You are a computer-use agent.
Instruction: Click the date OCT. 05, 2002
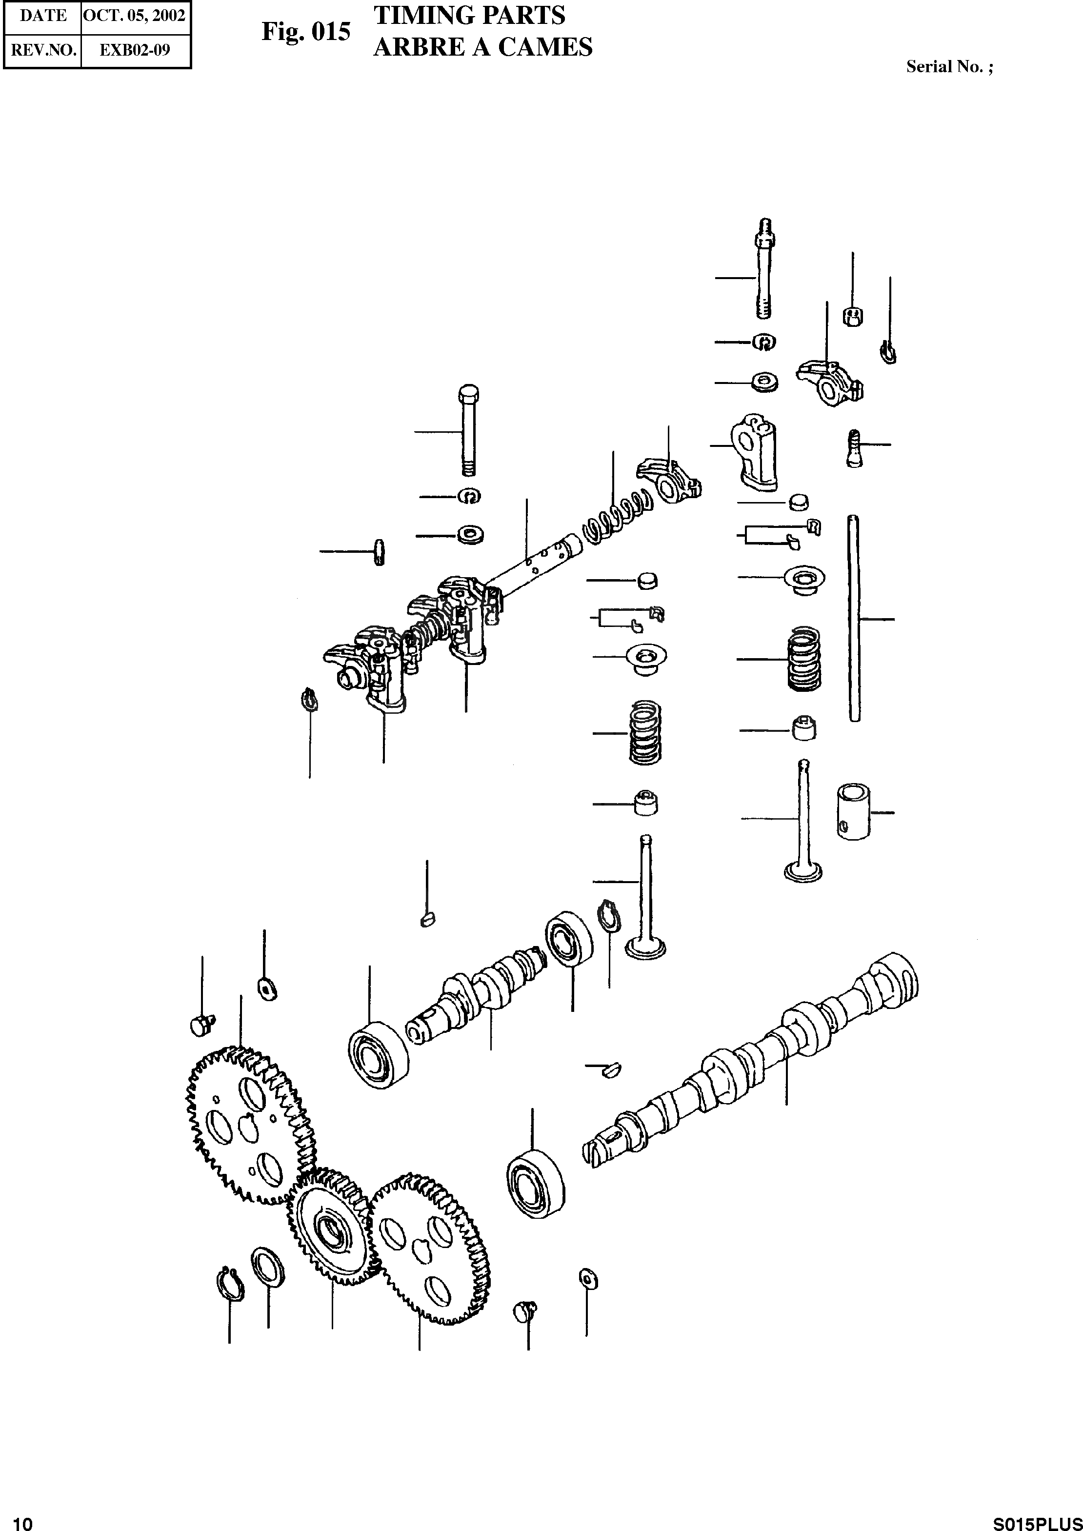point(134,15)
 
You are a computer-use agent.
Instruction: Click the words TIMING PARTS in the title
point(469,15)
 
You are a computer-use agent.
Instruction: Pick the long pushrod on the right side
point(854,618)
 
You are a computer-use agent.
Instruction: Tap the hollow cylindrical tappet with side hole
point(853,811)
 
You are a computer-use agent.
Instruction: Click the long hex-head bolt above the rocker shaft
point(469,430)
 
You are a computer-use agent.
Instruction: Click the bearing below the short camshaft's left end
point(379,1054)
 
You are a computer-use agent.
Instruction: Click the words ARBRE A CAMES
point(482,47)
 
